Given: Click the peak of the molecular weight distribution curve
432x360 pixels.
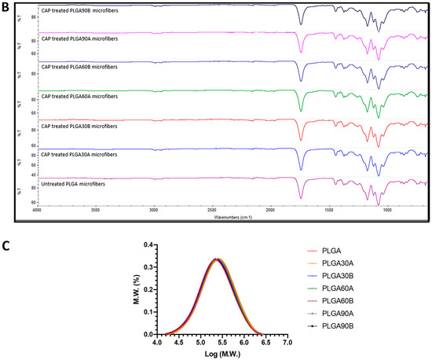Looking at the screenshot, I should point(217,259).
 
